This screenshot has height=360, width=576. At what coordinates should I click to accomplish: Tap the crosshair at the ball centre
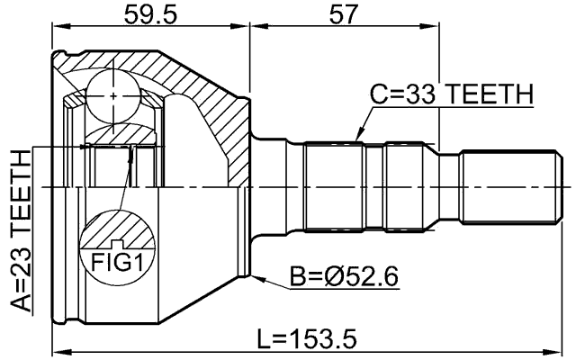114,94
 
